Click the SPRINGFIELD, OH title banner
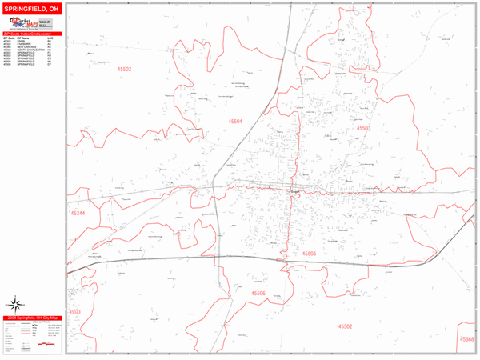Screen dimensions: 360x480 [33, 7]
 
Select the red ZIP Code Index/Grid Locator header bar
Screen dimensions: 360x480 [33, 34]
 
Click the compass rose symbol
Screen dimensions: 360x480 [15, 303]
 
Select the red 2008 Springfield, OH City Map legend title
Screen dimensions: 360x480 [33, 318]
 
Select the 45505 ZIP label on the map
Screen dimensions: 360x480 [310, 254]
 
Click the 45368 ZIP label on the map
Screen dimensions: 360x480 [466, 339]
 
